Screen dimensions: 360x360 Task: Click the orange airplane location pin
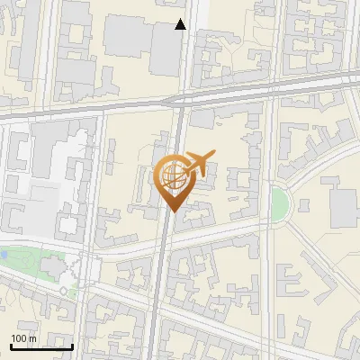click(175, 178)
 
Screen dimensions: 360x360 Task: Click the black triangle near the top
click(181, 25)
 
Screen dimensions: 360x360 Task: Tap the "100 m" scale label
click(23, 338)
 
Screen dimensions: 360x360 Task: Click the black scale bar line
click(41, 346)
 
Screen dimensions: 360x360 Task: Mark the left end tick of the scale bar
click(11, 346)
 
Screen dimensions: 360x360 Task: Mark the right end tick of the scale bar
click(73, 346)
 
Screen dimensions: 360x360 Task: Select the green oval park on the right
click(280, 204)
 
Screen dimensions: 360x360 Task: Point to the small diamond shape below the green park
click(64, 292)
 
